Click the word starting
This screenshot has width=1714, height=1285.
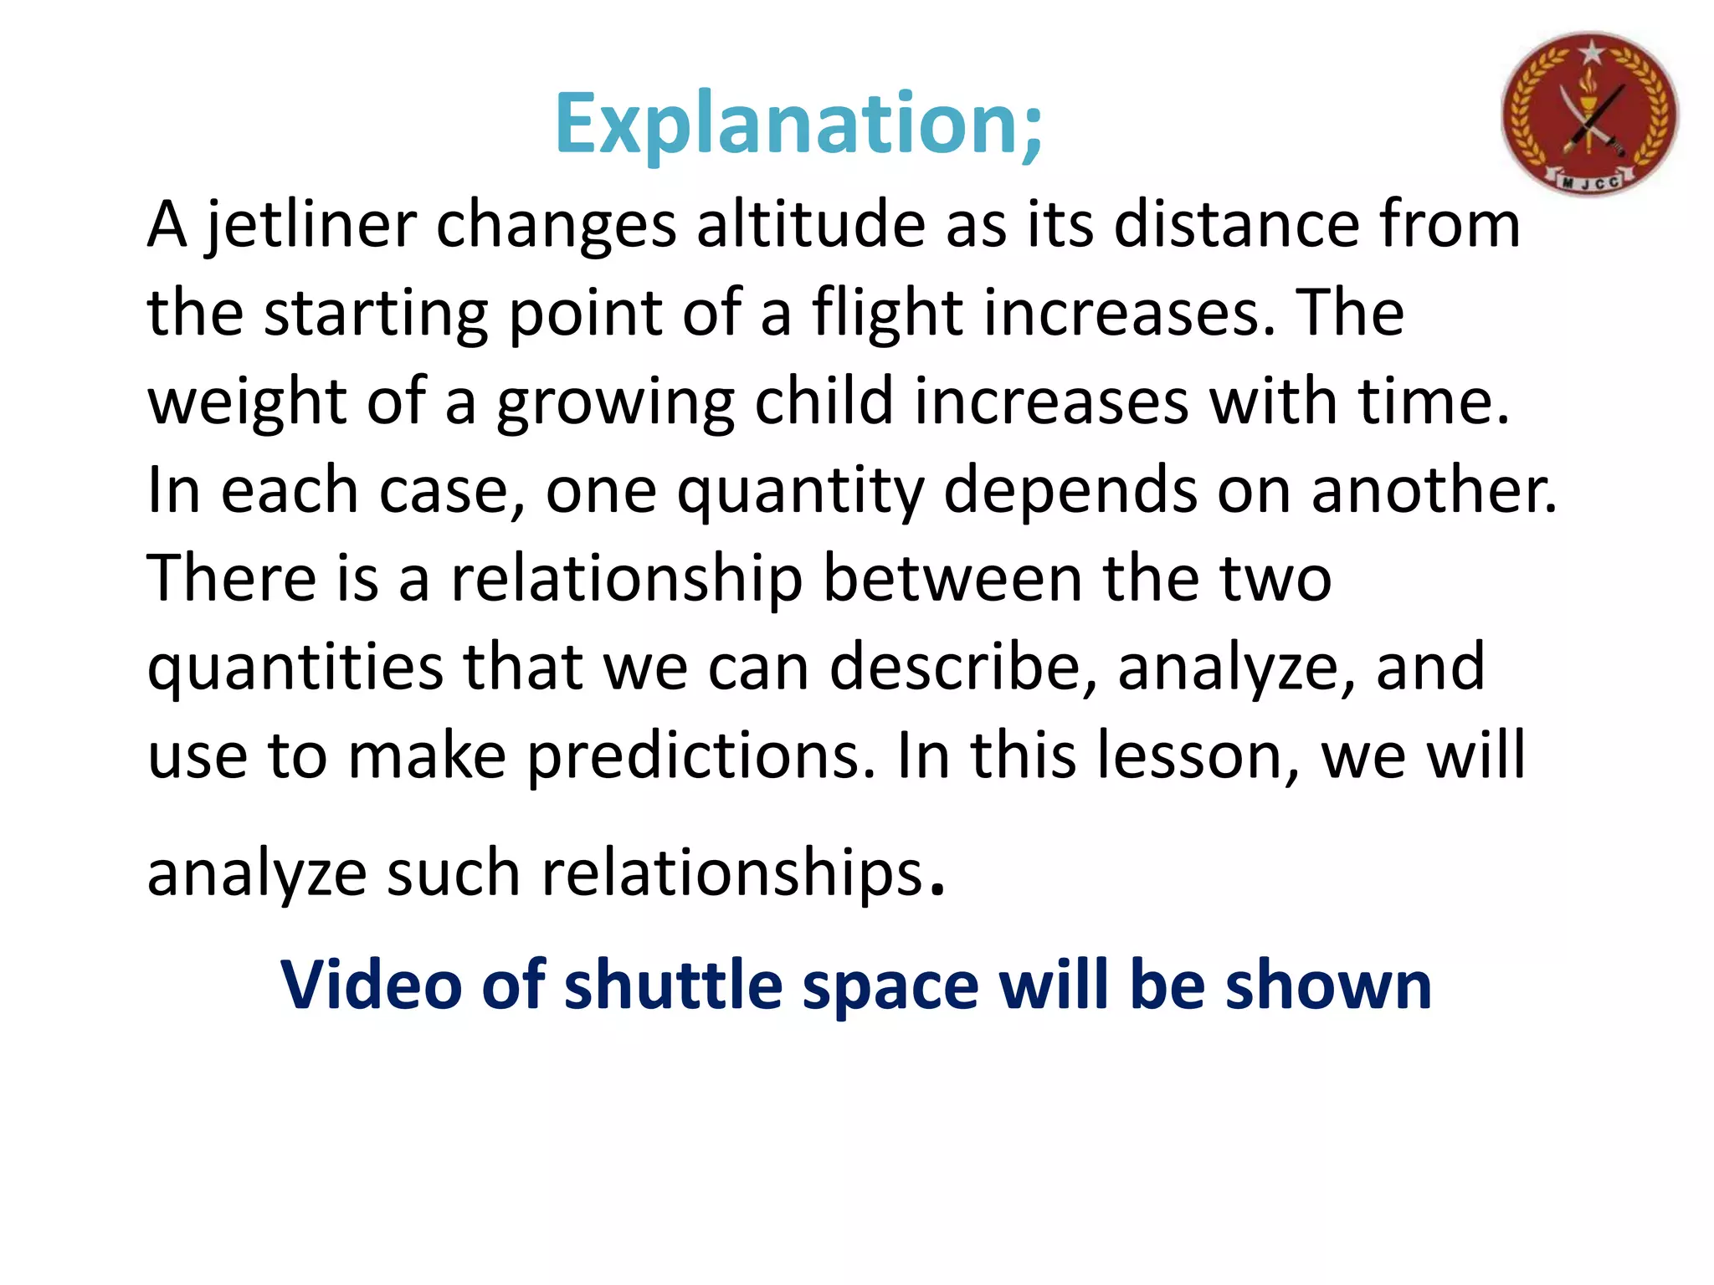tap(376, 314)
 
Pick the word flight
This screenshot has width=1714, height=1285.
tap(888, 314)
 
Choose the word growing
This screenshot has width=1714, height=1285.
tap(615, 402)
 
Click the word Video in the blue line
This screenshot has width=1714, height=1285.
tap(372, 985)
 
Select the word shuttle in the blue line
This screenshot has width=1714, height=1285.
tap(674, 985)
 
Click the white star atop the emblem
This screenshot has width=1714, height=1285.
tap(1590, 54)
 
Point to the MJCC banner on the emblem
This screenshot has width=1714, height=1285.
tap(1589, 182)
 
